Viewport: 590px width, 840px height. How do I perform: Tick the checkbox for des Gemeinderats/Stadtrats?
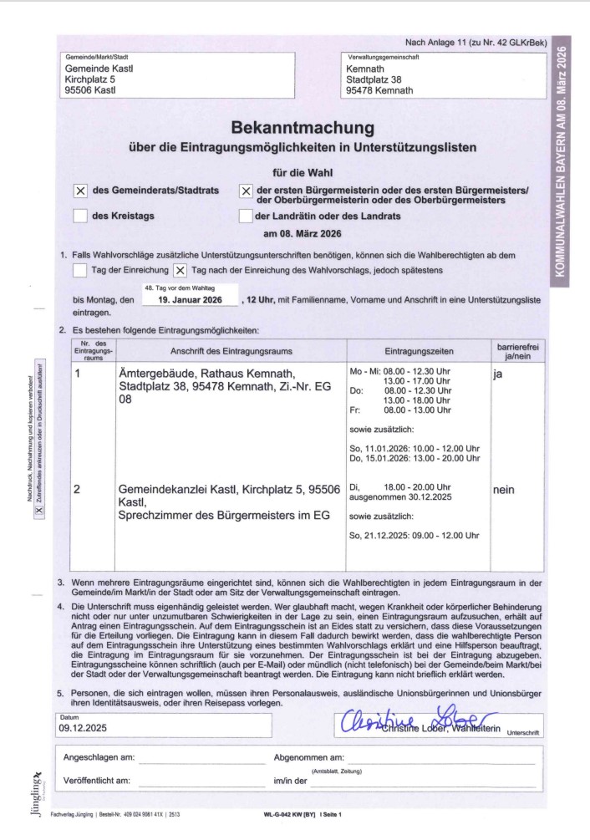(x=81, y=191)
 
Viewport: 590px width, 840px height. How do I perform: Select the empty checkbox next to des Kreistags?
(x=81, y=216)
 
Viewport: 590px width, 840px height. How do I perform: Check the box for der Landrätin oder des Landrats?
(x=246, y=216)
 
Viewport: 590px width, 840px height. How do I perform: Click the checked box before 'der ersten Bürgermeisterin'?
(x=246, y=191)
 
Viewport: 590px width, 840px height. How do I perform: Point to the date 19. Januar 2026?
(x=190, y=298)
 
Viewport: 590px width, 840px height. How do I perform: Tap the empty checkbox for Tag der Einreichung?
(x=80, y=270)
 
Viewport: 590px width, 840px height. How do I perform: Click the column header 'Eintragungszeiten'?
(x=415, y=351)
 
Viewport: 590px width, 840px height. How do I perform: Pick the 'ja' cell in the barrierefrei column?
(x=498, y=375)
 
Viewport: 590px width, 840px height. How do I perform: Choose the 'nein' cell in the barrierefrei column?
(x=504, y=491)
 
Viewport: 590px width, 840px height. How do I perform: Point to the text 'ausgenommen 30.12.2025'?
(x=399, y=497)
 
